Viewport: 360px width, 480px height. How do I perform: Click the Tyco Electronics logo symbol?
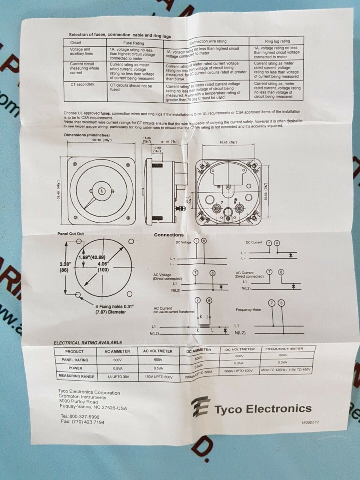pyautogui.click(x=200, y=407)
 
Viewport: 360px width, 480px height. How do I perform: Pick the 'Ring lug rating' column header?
pyautogui.click(x=277, y=41)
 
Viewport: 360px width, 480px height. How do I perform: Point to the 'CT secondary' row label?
pyautogui.click(x=82, y=84)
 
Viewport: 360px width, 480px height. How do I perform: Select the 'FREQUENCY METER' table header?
pyautogui.click(x=284, y=349)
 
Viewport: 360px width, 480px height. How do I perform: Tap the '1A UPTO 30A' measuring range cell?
pyautogui.click(x=118, y=376)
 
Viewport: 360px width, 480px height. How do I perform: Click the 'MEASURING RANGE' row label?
pyautogui.click(x=76, y=376)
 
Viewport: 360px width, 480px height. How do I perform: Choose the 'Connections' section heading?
pyautogui.click(x=169, y=235)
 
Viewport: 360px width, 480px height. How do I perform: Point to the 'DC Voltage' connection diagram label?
pyautogui.click(x=184, y=242)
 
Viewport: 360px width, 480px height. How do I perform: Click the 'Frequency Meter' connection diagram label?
pyautogui.click(x=248, y=310)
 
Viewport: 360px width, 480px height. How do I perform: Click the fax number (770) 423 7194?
pyautogui.click(x=82, y=422)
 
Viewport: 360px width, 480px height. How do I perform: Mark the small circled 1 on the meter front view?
pyautogui.click(x=102, y=191)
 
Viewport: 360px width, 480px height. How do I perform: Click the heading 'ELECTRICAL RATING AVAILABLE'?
pyautogui.click(x=88, y=343)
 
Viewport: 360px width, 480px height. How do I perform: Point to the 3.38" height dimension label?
pyautogui.click(x=65, y=264)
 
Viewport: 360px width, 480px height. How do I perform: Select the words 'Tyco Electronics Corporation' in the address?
pyautogui.click(x=89, y=392)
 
